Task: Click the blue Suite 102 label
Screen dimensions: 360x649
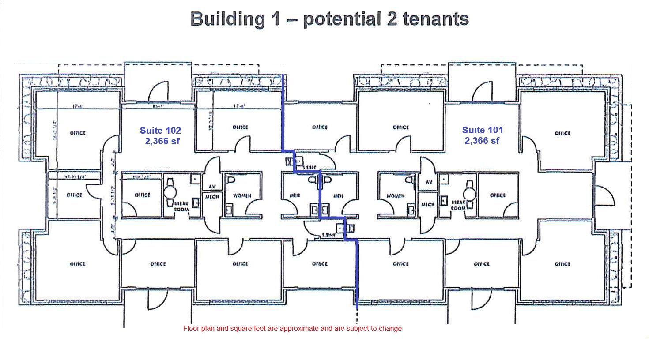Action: pyautogui.click(x=160, y=131)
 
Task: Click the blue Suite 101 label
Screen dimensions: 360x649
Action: pyautogui.click(x=482, y=130)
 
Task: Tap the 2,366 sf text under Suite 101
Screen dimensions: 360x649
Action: pyautogui.click(x=482, y=141)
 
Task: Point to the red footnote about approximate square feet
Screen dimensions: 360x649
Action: pyautogui.click(x=292, y=328)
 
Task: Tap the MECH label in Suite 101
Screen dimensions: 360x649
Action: pyautogui.click(x=428, y=204)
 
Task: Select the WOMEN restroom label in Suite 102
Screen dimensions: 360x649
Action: pyautogui.click(x=242, y=195)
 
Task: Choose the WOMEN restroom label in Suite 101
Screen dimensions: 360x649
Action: pyautogui.click(x=395, y=195)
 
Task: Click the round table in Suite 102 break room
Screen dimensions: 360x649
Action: pyautogui.click(x=170, y=192)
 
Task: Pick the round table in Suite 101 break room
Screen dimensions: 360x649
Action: pyautogui.click(x=469, y=193)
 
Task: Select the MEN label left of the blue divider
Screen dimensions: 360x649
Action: pyautogui.click(x=295, y=195)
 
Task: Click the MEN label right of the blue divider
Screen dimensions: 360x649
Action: pyautogui.click(x=339, y=195)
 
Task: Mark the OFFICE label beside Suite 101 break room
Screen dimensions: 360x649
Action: pyautogui.click(x=498, y=195)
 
